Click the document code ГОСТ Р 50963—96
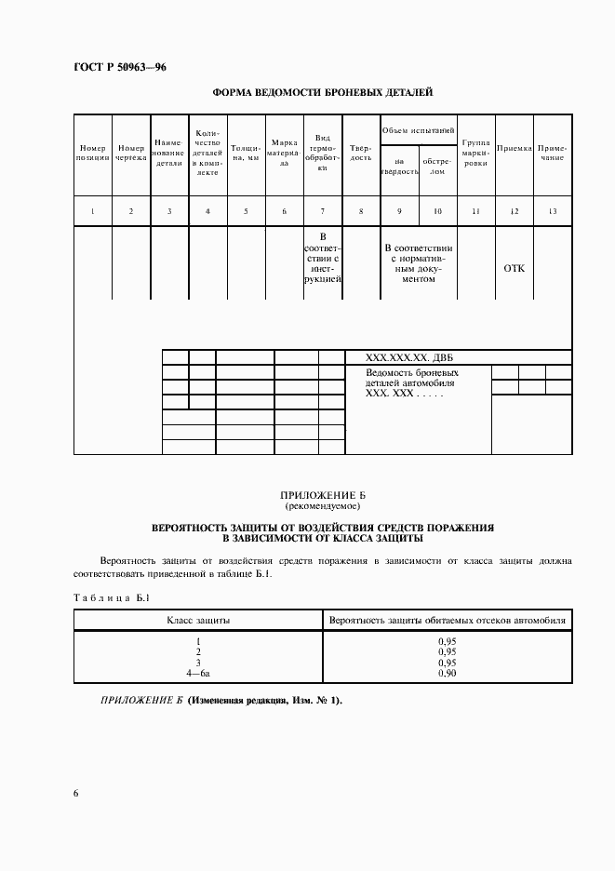[119, 68]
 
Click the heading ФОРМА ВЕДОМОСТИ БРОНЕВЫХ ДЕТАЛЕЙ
[323, 92]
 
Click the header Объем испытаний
[418, 129]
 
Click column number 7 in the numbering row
[322, 211]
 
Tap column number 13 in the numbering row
[553, 211]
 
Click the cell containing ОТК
[514, 268]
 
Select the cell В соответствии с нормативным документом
[418, 263]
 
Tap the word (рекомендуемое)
[323, 508]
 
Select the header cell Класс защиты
[198, 620]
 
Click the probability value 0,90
[447, 673]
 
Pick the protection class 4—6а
[198, 673]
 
